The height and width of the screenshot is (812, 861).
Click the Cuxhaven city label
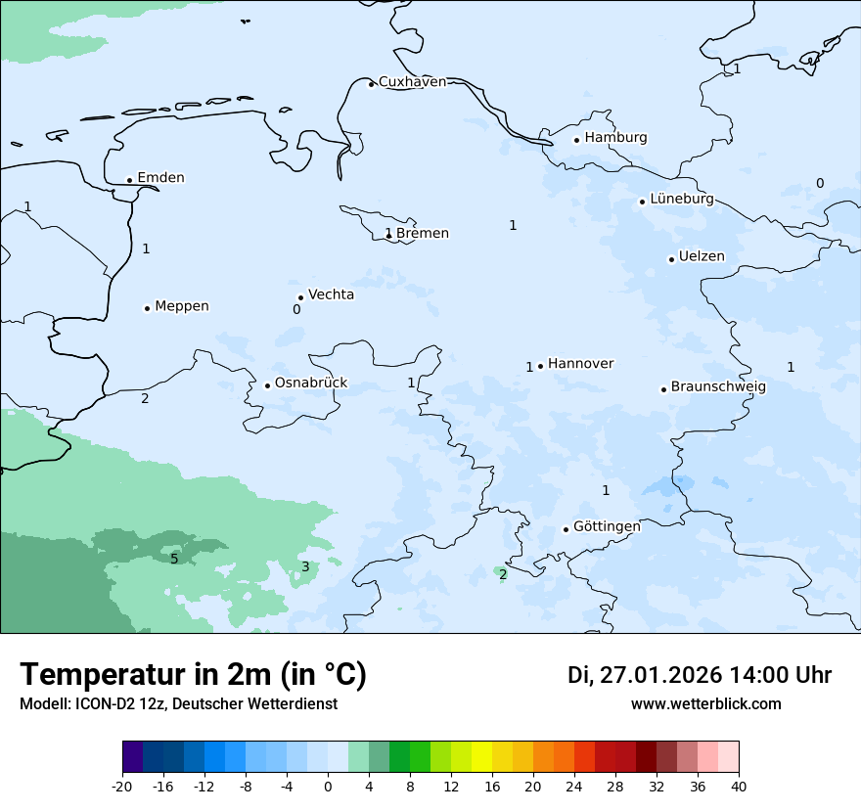coord(412,82)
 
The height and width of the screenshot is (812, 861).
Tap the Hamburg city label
coord(615,138)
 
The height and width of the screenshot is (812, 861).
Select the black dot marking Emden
coord(129,180)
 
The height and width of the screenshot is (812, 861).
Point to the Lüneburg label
coord(681,200)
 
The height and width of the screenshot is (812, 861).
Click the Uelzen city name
coord(702,257)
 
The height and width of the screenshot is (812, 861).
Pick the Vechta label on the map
coord(331,295)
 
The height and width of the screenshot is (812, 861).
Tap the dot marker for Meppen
coord(147,308)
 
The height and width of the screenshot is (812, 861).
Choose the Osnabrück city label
coord(311,383)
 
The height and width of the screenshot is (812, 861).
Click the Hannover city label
coord(580,364)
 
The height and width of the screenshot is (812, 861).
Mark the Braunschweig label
coord(718,387)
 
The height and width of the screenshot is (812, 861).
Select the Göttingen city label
coord(607,527)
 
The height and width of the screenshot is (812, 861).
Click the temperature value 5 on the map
coord(174,559)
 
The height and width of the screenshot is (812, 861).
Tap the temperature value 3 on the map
coord(305,567)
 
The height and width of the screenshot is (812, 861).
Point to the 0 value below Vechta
coord(296,310)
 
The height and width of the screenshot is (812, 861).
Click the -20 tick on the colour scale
coord(122,787)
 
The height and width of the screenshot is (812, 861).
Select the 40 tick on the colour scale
coord(739,787)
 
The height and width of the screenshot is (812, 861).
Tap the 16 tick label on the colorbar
coord(492,787)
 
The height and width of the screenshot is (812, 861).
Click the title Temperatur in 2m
coord(193,675)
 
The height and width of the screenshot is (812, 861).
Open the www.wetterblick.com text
coord(705,704)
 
